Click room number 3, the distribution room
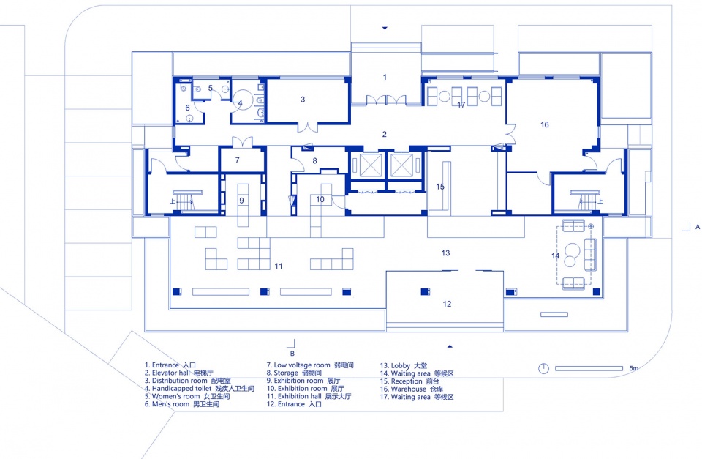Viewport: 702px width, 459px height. click(303, 100)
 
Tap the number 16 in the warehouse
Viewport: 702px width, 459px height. click(544, 124)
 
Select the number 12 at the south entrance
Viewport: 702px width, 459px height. click(447, 304)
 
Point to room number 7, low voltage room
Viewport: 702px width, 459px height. click(237, 160)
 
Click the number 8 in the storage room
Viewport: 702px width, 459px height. click(314, 160)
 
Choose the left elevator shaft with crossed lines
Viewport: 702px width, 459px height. click(371, 165)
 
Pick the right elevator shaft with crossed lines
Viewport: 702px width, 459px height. click(401, 165)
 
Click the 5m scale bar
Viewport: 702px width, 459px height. click(589, 368)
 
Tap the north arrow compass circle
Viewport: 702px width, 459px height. click(543, 368)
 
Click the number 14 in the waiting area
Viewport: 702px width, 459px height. click(555, 255)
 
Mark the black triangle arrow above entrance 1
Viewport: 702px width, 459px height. click(385, 29)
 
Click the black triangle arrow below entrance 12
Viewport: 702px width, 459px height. click(450, 346)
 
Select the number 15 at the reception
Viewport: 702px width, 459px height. click(440, 187)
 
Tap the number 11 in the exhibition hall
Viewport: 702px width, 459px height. click(279, 266)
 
